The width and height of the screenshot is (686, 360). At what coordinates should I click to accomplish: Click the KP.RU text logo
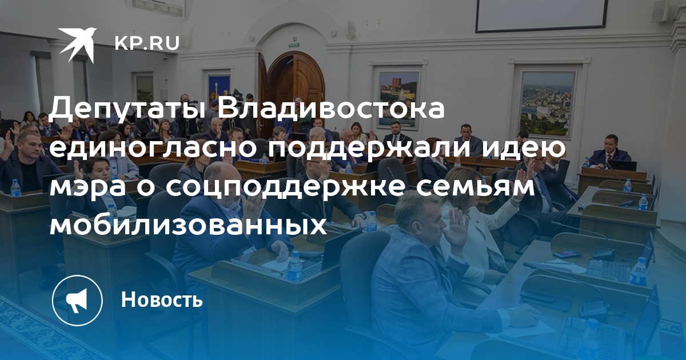coord(147,43)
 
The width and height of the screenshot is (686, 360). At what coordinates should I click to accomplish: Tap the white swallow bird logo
coord(77,43)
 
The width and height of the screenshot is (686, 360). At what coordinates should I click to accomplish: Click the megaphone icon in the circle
coord(77,301)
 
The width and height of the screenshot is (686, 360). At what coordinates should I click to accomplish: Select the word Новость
coord(162,299)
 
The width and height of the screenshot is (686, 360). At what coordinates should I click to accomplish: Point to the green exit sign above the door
coord(293,45)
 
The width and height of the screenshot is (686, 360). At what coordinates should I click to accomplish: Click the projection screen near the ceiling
coord(541,15)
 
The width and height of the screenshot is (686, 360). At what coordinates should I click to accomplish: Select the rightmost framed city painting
coord(548,103)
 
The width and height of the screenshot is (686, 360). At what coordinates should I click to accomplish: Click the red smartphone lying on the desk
coord(567,254)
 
